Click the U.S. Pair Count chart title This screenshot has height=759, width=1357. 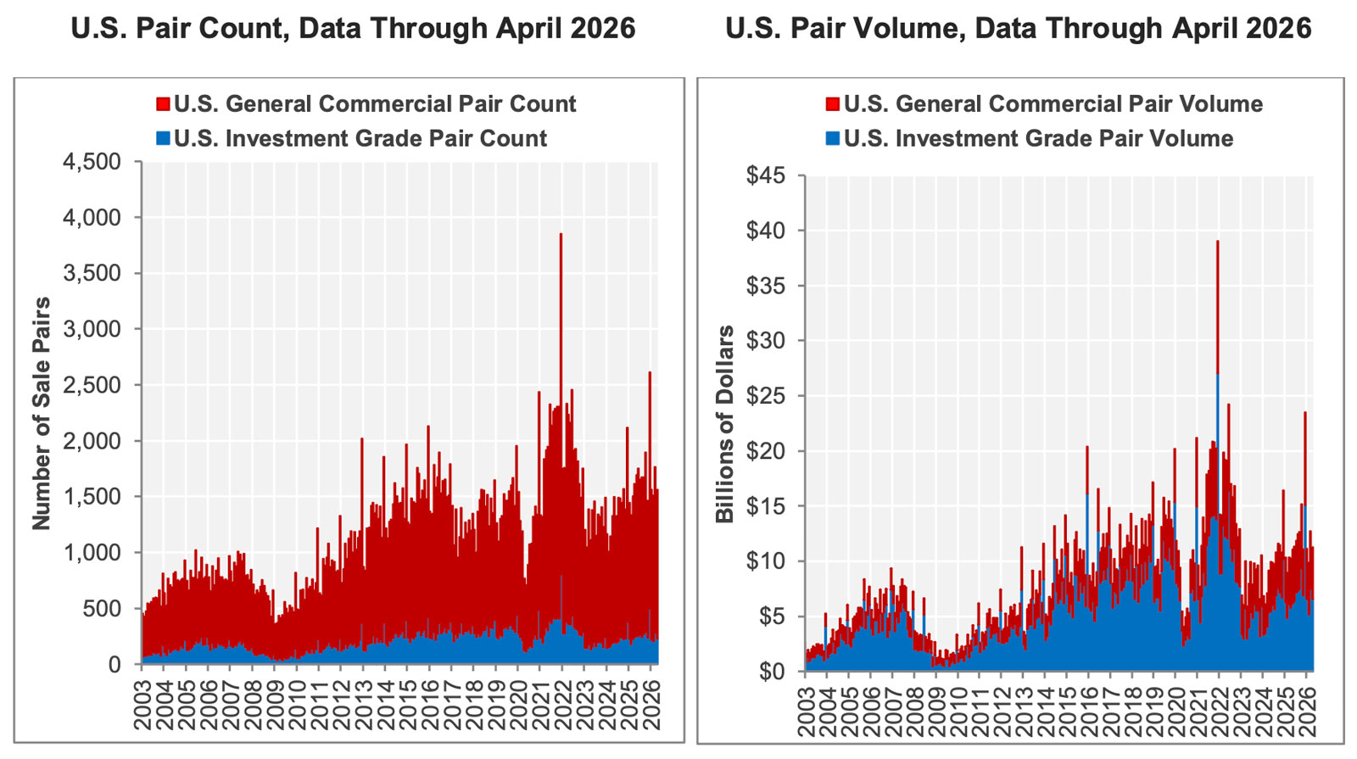353,29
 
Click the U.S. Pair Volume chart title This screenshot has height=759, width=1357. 1019,29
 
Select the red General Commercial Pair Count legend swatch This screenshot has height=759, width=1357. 163,104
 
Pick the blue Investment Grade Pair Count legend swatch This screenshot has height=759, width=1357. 163,139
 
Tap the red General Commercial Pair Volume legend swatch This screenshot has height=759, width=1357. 832,104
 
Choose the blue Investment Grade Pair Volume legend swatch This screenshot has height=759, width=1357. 832,139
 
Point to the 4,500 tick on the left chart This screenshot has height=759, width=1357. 92,162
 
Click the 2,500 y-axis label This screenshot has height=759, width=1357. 92,385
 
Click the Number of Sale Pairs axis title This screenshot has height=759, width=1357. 42,414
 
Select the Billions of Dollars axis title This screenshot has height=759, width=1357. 724,424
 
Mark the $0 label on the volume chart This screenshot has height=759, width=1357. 772,672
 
